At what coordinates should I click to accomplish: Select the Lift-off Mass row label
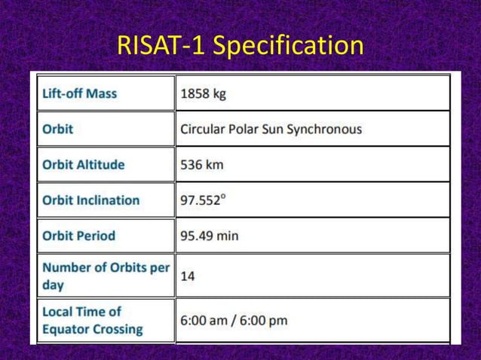[x=79, y=94]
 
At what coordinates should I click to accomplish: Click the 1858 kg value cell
[x=203, y=94]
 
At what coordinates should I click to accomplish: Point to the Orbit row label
[x=58, y=129]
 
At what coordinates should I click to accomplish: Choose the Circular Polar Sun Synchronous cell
[x=271, y=129]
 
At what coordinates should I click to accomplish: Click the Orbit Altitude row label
[x=83, y=164]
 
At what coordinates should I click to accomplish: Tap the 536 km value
[x=201, y=164]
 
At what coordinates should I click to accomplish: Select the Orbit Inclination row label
[x=90, y=200]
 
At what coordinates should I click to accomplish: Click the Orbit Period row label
[x=78, y=235]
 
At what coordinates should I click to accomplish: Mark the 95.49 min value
[x=209, y=235]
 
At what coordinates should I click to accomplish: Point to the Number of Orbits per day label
[x=106, y=276]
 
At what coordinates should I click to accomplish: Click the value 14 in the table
[x=187, y=276]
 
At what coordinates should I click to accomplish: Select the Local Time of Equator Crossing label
[x=92, y=320]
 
